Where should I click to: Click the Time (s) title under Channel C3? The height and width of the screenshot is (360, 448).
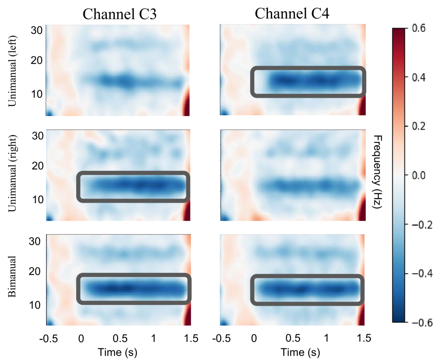click(117, 352)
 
